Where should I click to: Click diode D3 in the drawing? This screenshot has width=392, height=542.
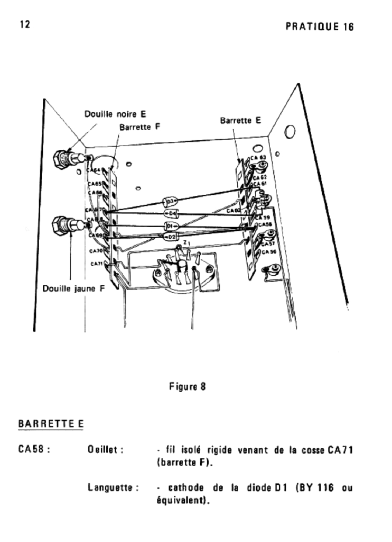170,202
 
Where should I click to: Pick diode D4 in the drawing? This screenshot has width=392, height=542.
172,213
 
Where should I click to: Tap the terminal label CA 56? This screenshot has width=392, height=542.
269,252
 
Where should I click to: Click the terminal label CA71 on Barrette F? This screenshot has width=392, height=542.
96,263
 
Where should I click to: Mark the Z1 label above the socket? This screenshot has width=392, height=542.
185,243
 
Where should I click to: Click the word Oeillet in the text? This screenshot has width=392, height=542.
105,450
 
